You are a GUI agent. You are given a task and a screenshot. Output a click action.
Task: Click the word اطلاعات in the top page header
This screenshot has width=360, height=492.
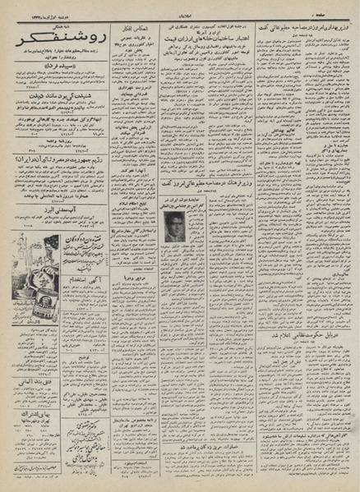click(x=181, y=7)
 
